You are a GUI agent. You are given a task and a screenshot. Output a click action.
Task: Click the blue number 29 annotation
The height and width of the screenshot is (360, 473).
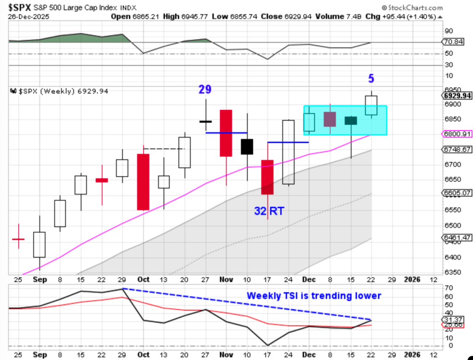(x=205, y=90)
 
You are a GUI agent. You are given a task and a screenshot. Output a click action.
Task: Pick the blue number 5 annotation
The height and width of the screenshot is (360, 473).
(x=371, y=78)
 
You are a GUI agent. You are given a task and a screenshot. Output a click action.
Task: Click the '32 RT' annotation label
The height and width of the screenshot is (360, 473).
(x=269, y=211)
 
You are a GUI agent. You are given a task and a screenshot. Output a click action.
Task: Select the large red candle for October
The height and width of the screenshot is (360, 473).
(x=143, y=182)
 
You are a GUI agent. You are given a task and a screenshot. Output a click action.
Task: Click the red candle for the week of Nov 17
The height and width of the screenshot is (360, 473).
(x=267, y=177)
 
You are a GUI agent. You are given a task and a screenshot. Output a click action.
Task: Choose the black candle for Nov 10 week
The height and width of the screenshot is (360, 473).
(x=247, y=147)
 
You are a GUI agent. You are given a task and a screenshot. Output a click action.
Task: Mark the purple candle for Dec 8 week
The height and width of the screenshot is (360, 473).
(x=329, y=119)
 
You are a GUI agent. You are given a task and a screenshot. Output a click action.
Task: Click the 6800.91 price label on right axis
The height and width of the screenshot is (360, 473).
(x=456, y=134)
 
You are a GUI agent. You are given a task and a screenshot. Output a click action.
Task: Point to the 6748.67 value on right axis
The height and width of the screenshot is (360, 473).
(x=456, y=150)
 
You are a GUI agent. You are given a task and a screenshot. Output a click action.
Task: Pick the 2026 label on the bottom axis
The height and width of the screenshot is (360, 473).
(x=412, y=279)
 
